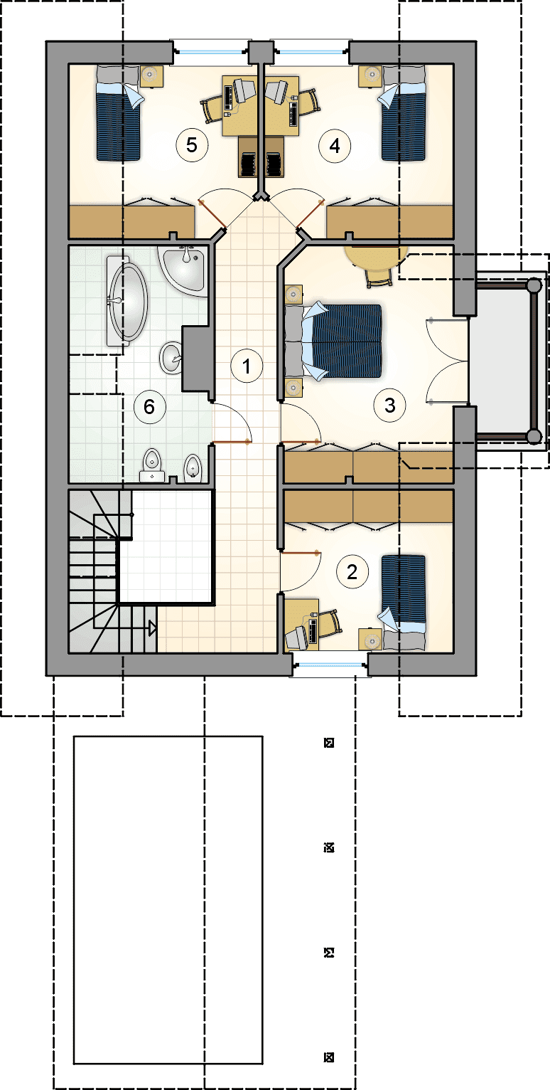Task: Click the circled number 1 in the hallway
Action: (247, 366)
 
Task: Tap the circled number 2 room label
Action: (352, 572)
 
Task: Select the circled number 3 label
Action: (389, 406)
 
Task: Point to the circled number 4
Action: (334, 145)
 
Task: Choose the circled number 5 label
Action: (192, 144)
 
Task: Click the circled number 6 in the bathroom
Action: (149, 406)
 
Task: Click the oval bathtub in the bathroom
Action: (126, 302)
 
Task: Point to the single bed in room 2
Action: (403, 602)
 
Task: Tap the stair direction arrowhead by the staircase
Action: (152, 628)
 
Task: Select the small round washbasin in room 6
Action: (171, 358)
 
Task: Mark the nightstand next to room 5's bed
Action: (151, 77)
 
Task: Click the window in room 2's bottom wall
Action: (330, 665)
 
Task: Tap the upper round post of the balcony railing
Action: (534, 285)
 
